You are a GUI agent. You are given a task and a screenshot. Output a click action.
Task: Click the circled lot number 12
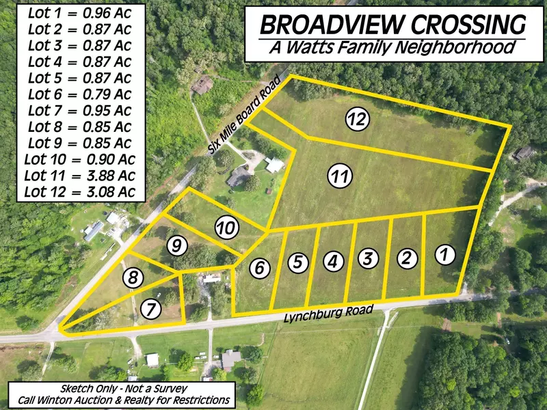coord(357,119)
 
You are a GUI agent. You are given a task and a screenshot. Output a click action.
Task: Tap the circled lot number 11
coord(339,176)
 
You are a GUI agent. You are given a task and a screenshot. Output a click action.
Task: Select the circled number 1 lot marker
coord(444,255)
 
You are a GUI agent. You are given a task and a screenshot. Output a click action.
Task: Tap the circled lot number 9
coord(177,245)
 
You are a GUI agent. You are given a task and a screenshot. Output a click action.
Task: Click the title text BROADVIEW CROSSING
coord(393,25)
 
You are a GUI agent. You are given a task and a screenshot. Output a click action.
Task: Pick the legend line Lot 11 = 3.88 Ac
coord(80,176)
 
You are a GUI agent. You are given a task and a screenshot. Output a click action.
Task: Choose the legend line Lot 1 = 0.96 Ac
coord(80,12)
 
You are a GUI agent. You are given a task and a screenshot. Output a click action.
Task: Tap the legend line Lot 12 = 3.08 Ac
coord(80,192)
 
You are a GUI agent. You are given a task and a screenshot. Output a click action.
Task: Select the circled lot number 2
coord(407,258)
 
